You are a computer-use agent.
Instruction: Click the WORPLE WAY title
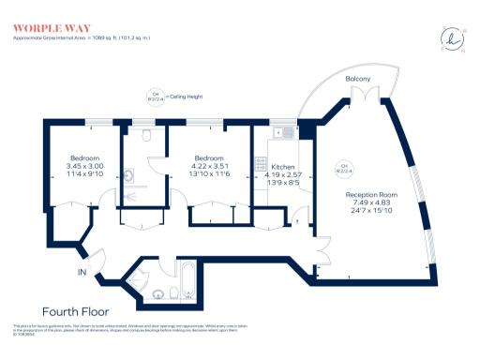44,27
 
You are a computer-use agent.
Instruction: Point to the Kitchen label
284,166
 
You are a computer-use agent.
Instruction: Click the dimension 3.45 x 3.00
83,166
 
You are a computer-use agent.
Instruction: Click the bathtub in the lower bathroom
187,281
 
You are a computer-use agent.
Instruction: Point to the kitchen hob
262,165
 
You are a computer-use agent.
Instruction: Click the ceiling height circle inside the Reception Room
344,170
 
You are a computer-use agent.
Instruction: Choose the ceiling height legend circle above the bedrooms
152,95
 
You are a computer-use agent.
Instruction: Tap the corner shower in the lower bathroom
141,275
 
